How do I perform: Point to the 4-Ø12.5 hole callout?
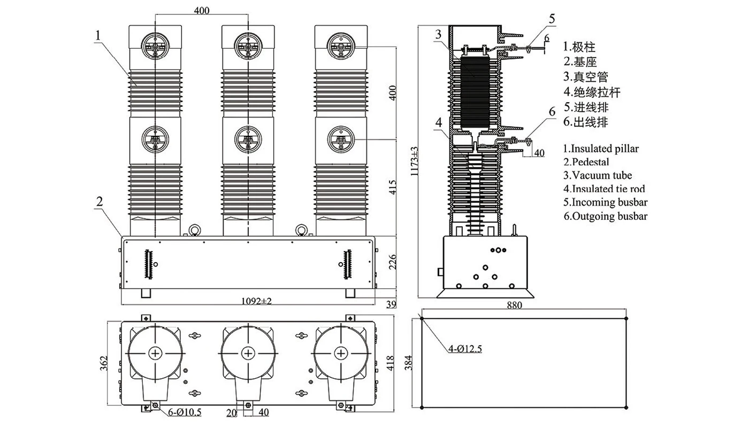pos(465,349)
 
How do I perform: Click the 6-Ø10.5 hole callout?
pos(185,412)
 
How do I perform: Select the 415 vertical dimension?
pos(393,186)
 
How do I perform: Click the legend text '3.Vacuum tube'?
pos(598,175)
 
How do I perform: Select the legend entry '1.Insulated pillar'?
pos(601,148)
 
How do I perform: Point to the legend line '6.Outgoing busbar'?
pos(605,216)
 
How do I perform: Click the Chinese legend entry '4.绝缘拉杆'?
pos(592,92)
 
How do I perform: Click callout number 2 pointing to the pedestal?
pos(100,202)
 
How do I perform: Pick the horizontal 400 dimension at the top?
pos(202,10)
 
